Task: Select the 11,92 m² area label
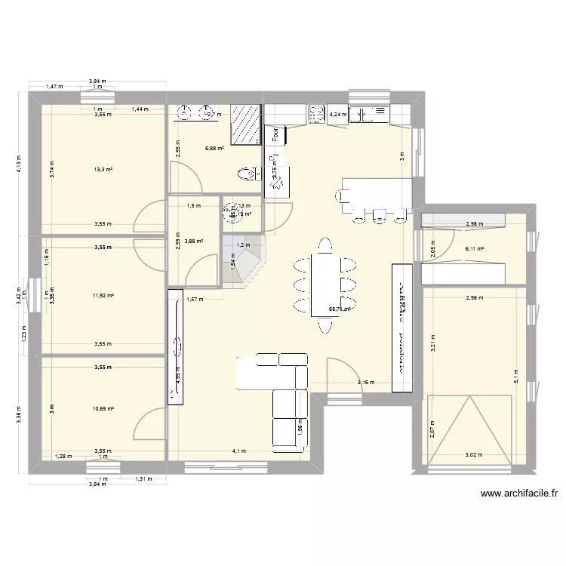103,296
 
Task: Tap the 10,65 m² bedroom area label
103,409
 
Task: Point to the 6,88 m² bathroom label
215,149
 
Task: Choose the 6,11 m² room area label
474,248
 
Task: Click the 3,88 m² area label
194,241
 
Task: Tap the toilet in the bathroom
246,175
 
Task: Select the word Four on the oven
275,134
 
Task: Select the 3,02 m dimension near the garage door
473,455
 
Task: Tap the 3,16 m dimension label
365,383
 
